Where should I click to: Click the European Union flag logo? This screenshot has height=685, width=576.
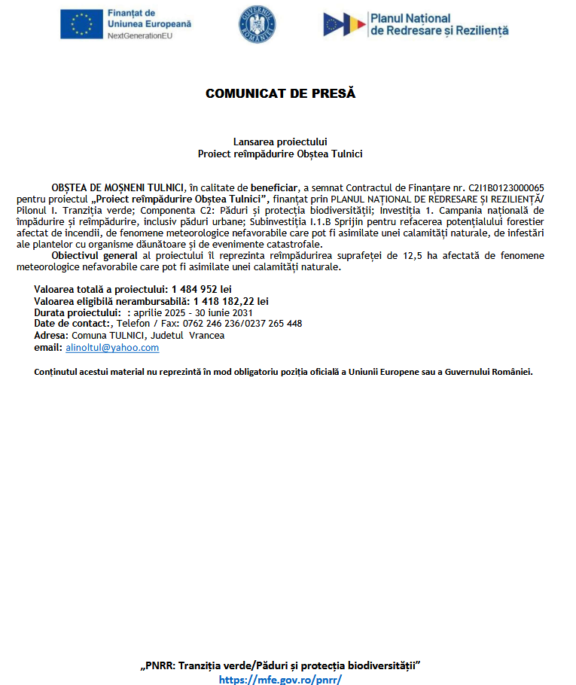click(81, 24)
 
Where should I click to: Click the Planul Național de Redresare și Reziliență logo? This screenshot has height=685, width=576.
click(416, 24)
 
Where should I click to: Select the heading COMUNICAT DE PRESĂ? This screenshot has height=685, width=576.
click(280, 94)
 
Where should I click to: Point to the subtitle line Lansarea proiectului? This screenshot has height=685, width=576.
click(280, 141)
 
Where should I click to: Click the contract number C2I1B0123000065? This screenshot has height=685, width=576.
click(506, 187)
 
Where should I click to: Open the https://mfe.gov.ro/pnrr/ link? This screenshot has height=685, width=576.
click(280, 679)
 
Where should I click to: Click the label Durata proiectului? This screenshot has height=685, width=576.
click(78, 312)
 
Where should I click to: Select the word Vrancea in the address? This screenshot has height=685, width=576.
click(206, 336)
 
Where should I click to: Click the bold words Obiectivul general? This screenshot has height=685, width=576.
click(96, 256)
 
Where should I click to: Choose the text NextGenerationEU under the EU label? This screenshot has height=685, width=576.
click(139, 35)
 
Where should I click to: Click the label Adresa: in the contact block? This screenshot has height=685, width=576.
click(51, 336)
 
